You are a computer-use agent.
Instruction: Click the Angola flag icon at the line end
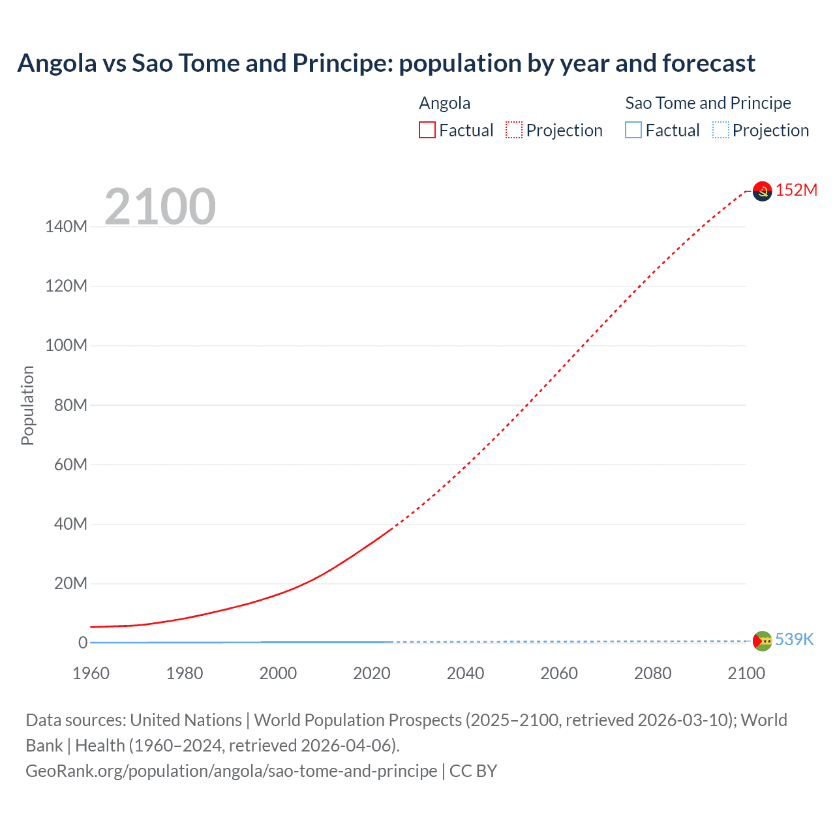[x=762, y=191]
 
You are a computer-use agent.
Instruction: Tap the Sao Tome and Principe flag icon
[x=762, y=641]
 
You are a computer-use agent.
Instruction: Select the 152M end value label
[x=796, y=190]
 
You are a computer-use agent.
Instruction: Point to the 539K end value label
[x=794, y=639]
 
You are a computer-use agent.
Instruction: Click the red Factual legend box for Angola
[x=427, y=130]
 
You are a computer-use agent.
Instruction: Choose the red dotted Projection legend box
[x=514, y=130]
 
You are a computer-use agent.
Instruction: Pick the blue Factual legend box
[x=633, y=130]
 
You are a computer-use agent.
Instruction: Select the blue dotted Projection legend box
[x=721, y=130]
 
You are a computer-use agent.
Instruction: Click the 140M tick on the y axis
[x=66, y=226]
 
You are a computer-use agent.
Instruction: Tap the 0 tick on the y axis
[x=83, y=643]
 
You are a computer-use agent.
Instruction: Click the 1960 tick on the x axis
[x=91, y=673]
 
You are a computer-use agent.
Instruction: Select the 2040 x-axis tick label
[x=465, y=673]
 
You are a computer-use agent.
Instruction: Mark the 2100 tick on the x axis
[x=746, y=673]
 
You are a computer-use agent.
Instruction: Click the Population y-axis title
[x=27, y=405]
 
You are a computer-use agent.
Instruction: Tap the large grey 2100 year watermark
[x=160, y=206]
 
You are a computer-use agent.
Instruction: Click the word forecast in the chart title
[x=708, y=63]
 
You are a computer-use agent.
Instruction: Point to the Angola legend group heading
[x=444, y=103]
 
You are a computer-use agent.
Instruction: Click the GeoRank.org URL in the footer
[x=231, y=770]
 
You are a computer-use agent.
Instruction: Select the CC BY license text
[x=473, y=770]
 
